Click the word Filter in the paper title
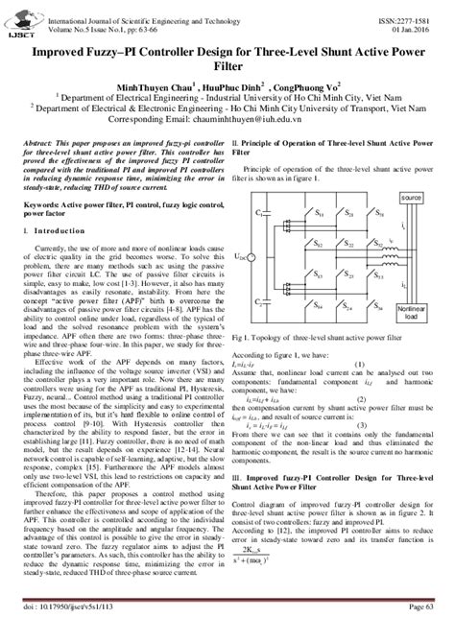pyautogui.click(x=227, y=60)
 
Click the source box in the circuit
pyautogui.click(x=411, y=198)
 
